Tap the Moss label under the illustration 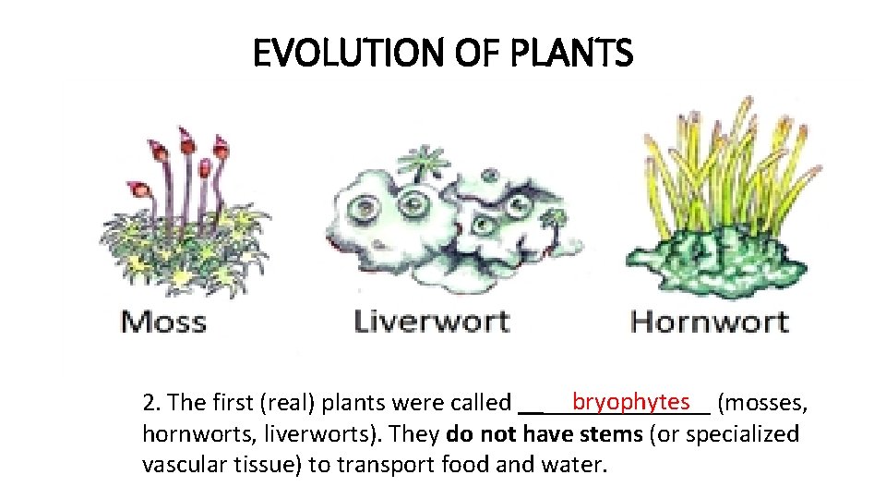click(164, 322)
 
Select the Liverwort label click(432, 322)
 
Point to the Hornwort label click(709, 322)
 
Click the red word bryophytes click(630, 401)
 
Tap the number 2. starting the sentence click(152, 403)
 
